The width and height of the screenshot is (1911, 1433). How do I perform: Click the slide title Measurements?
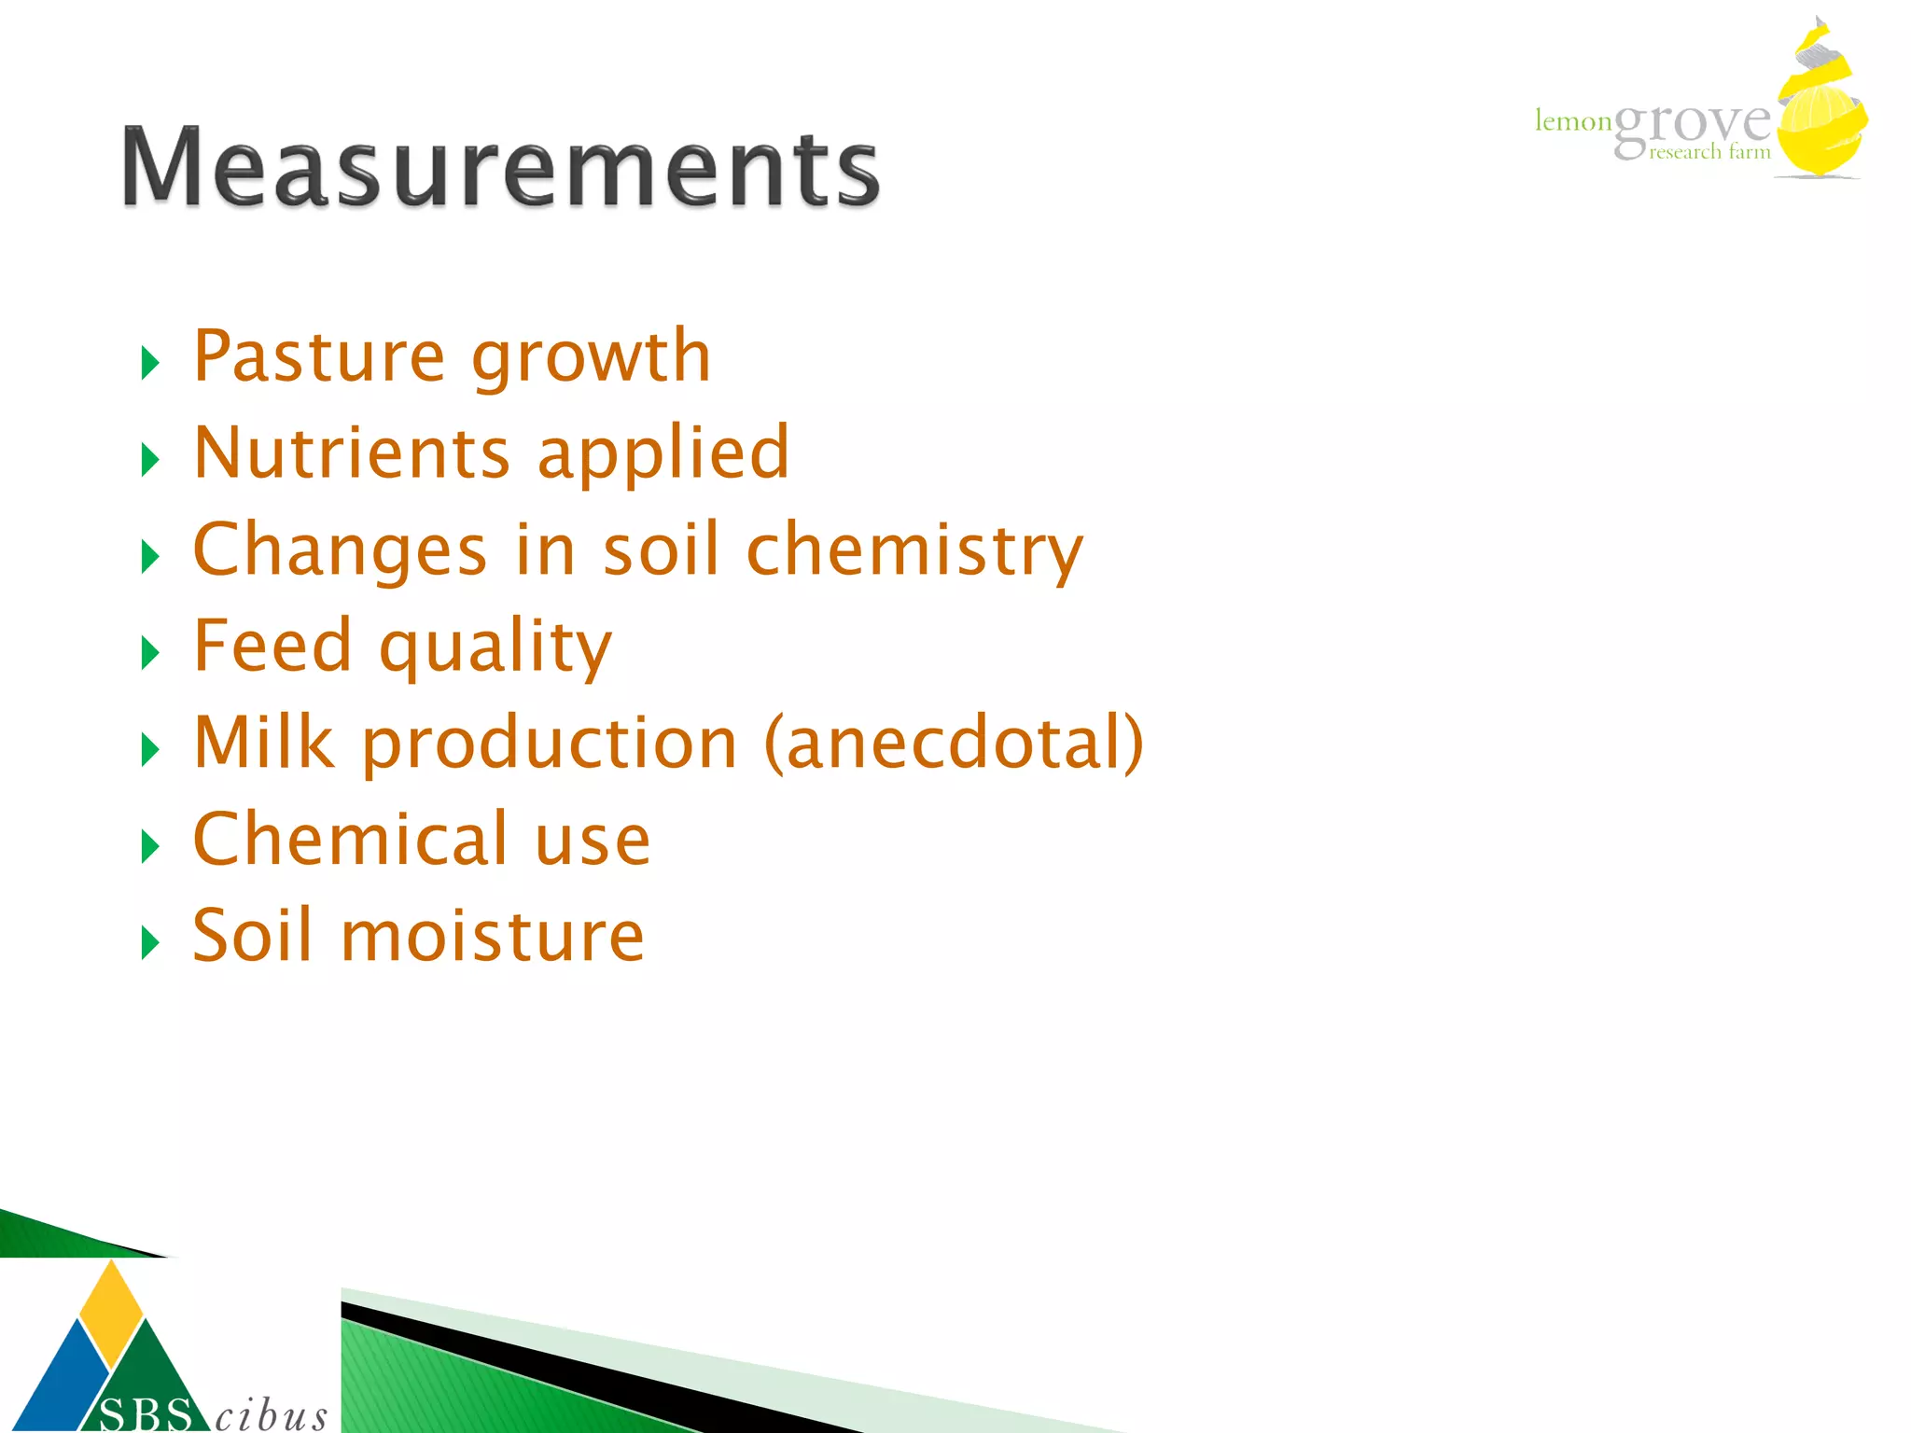click(501, 167)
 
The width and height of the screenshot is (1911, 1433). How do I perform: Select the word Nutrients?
click(352, 453)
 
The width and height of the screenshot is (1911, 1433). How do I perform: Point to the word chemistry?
click(914, 551)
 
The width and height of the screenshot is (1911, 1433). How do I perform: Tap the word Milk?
click(264, 743)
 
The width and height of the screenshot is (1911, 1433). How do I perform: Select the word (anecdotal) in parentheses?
click(954, 744)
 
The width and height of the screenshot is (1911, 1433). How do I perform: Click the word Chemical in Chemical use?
click(350, 839)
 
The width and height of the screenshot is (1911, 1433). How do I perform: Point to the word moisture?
click(493, 936)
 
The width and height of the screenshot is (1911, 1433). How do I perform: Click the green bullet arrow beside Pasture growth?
click(149, 362)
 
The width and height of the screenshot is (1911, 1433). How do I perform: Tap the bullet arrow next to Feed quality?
click(149, 652)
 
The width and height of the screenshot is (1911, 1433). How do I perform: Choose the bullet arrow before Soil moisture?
click(149, 942)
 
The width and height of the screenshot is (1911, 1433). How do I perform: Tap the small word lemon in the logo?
click(1573, 121)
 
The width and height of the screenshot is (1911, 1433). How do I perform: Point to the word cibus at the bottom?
click(271, 1414)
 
